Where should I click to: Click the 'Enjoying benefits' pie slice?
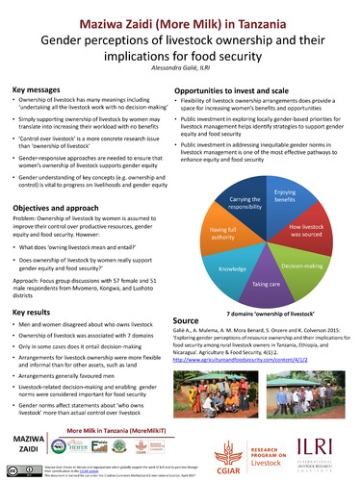pyautogui.click(x=286, y=172)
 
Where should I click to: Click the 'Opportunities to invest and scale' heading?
pyautogui.click(x=243, y=89)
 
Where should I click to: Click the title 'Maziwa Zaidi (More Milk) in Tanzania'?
pyautogui.click(x=180, y=17)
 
